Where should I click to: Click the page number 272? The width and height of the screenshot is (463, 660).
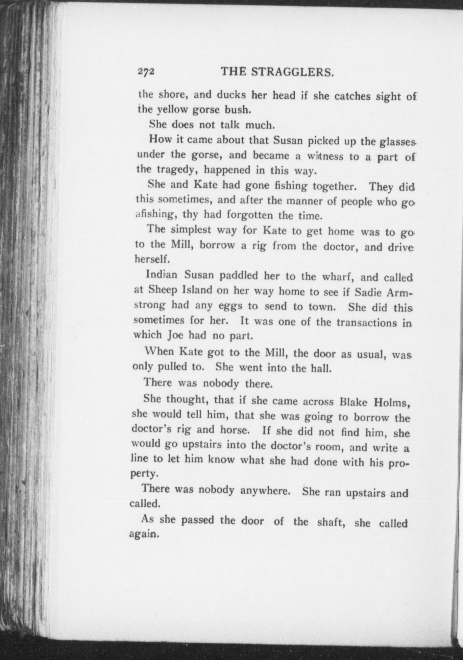point(146,72)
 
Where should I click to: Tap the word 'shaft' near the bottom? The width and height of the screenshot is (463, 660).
point(330,522)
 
